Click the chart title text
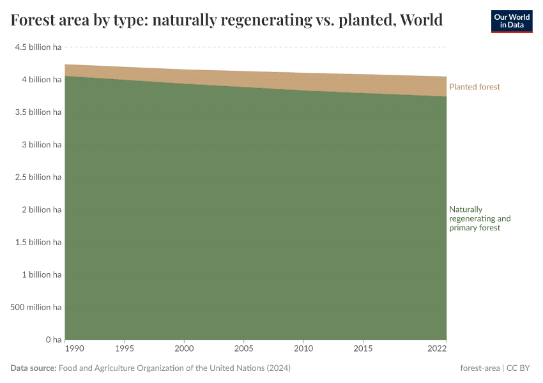pyautogui.click(x=227, y=20)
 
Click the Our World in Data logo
pyautogui.click(x=511, y=21)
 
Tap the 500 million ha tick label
pyautogui.click(x=36, y=307)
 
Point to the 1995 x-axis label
pyautogui.click(x=125, y=350)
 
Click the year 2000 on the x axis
pyautogui.click(x=185, y=350)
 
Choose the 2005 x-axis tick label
pyautogui.click(x=244, y=350)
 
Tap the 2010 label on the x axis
pyautogui.click(x=303, y=350)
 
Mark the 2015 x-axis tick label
pyautogui.click(x=363, y=350)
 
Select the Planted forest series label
pyautogui.click(x=475, y=87)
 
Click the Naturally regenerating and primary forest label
pyautogui.click(x=480, y=218)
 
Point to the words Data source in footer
pyautogui.click(x=33, y=368)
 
